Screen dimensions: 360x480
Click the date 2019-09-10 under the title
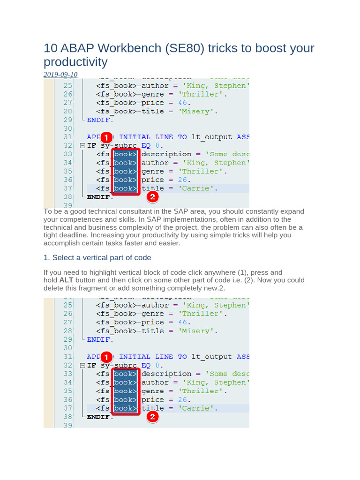click(60, 75)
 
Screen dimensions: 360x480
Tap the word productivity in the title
click(75, 62)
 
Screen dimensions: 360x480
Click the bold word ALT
click(67, 280)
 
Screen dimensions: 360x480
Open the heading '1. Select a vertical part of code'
click(97, 258)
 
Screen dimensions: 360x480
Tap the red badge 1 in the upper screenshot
click(106, 137)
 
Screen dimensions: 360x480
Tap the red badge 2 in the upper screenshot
click(152, 197)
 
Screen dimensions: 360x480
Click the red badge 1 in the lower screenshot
click(106, 357)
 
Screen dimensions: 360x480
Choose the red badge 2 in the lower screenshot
click(152, 416)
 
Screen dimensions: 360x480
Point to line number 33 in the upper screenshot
click(67, 154)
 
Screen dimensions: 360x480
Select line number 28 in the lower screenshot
click(67, 331)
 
